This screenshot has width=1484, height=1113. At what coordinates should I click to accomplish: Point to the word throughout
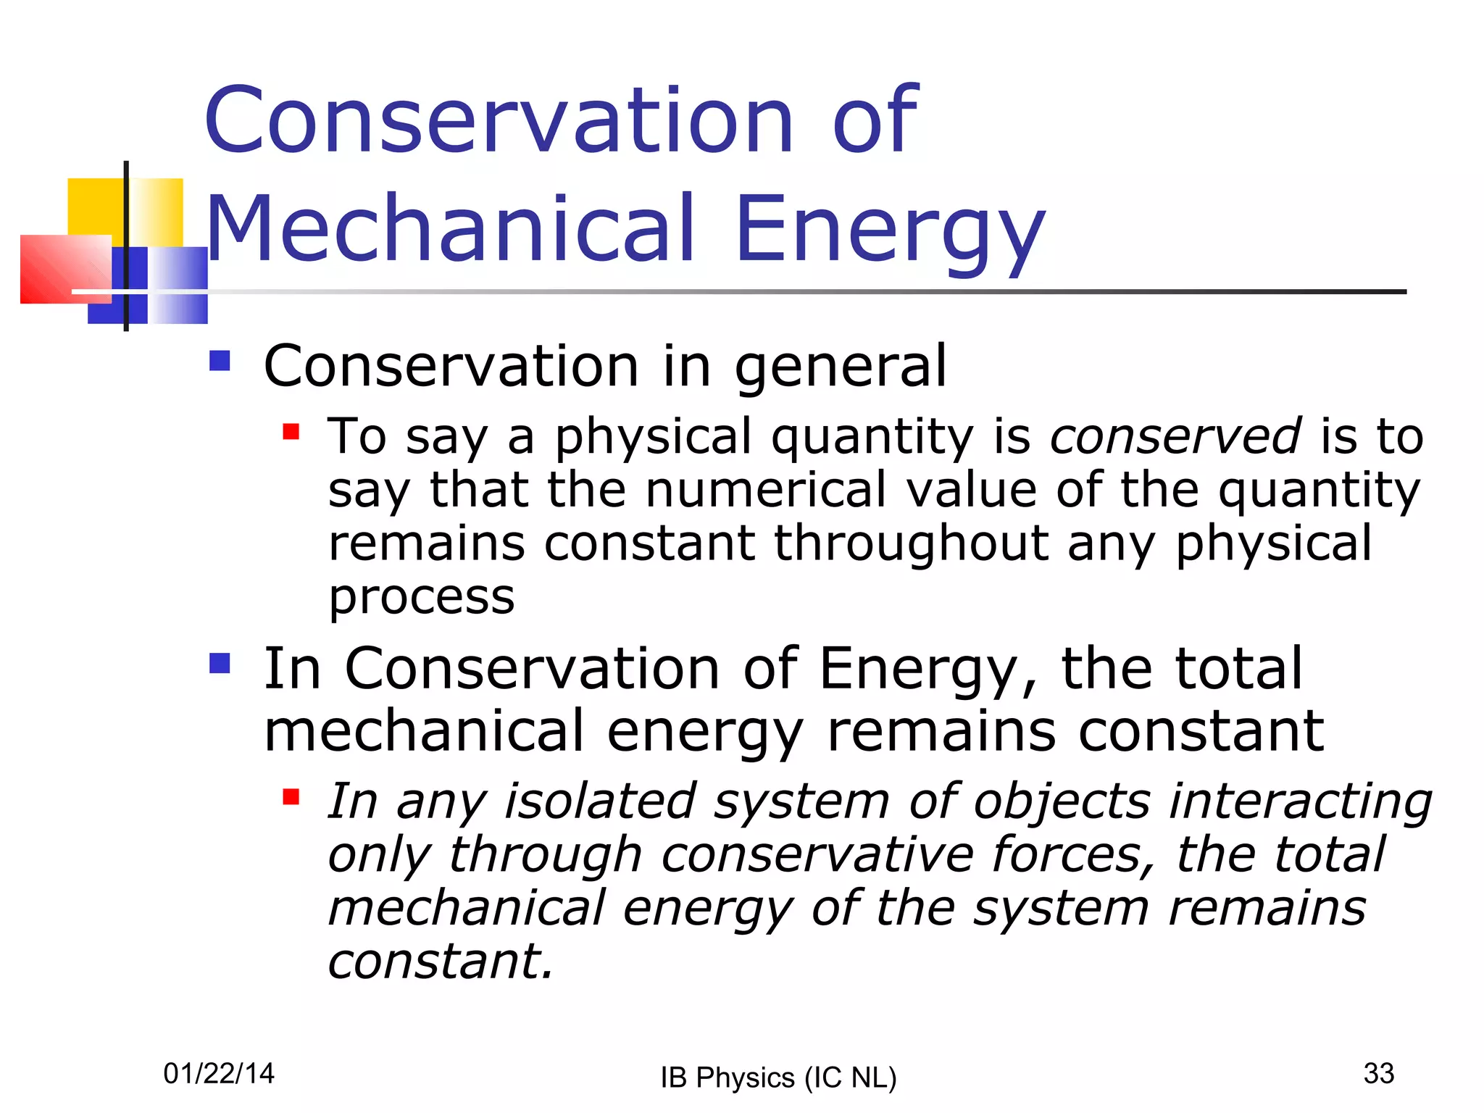click(x=911, y=543)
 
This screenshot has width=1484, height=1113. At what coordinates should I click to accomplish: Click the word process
click(x=421, y=598)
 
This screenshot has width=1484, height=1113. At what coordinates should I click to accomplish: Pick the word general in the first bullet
click(x=840, y=367)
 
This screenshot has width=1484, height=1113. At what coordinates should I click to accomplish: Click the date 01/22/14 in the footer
click(x=219, y=1073)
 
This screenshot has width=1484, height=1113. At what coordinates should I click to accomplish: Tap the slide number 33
click(x=1378, y=1073)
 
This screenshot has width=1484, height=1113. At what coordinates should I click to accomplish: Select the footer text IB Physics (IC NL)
click(x=778, y=1077)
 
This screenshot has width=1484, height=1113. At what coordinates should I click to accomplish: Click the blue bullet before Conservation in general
click(x=220, y=361)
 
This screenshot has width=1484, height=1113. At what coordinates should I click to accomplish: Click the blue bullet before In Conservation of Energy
click(x=220, y=663)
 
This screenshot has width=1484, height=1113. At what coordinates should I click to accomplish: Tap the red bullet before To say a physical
click(x=291, y=432)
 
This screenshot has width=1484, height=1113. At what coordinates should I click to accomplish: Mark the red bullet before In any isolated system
click(x=291, y=797)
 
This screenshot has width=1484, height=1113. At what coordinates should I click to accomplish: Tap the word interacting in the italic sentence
click(x=1300, y=803)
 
